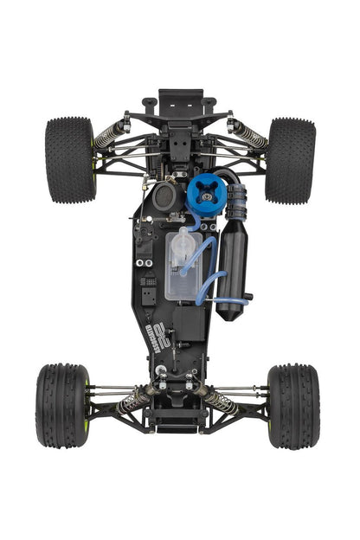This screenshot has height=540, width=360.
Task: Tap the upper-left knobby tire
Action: (x=70, y=159)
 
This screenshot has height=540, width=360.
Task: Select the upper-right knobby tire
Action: (x=290, y=160)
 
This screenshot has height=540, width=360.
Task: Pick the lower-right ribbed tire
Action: (x=293, y=405)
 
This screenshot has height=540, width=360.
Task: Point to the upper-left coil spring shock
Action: (x=110, y=134)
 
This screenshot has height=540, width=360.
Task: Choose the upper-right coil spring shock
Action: (x=248, y=134)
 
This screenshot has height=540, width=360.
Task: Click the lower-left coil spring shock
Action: (x=134, y=399)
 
